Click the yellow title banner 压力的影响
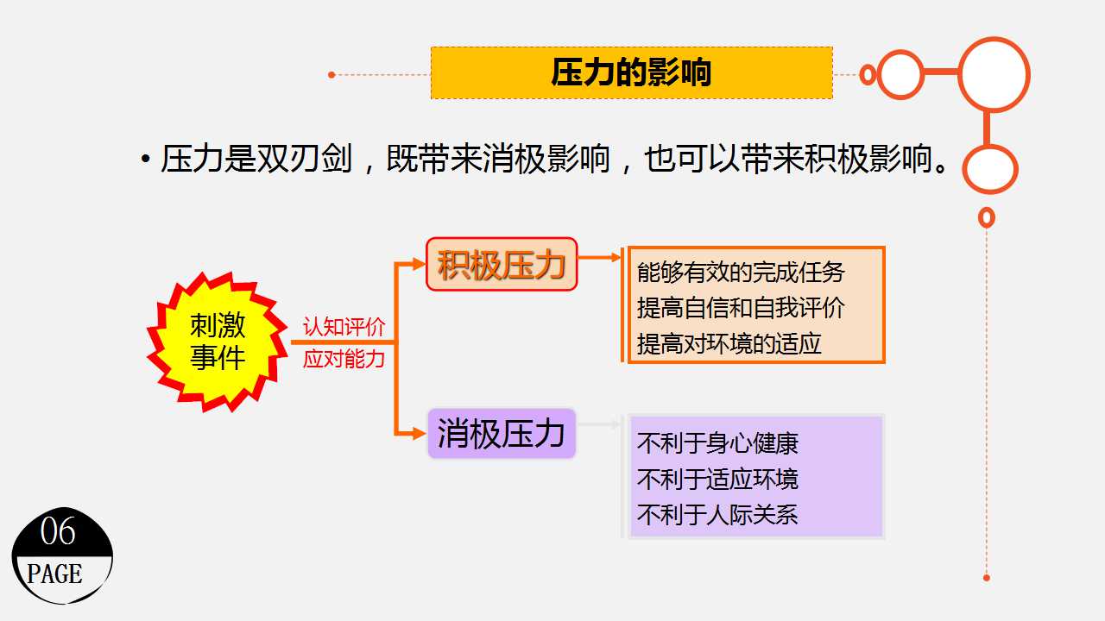point(631,73)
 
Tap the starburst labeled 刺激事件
point(217,342)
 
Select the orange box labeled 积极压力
point(502,264)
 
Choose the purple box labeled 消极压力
point(502,433)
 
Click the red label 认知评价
point(344,327)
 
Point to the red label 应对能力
point(344,358)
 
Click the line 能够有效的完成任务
point(741,272)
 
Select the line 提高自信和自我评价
point(741,308)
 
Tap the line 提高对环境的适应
point(729,343)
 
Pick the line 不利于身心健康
point(717,442)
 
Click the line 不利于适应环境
point(717,479)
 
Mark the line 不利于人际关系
point(717,514)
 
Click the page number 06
point(58,531)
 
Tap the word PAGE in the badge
point(54,574)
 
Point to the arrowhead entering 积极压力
point(419,264)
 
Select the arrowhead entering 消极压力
point(419,434)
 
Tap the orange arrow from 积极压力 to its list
point(599,257)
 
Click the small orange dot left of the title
point(331,75)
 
